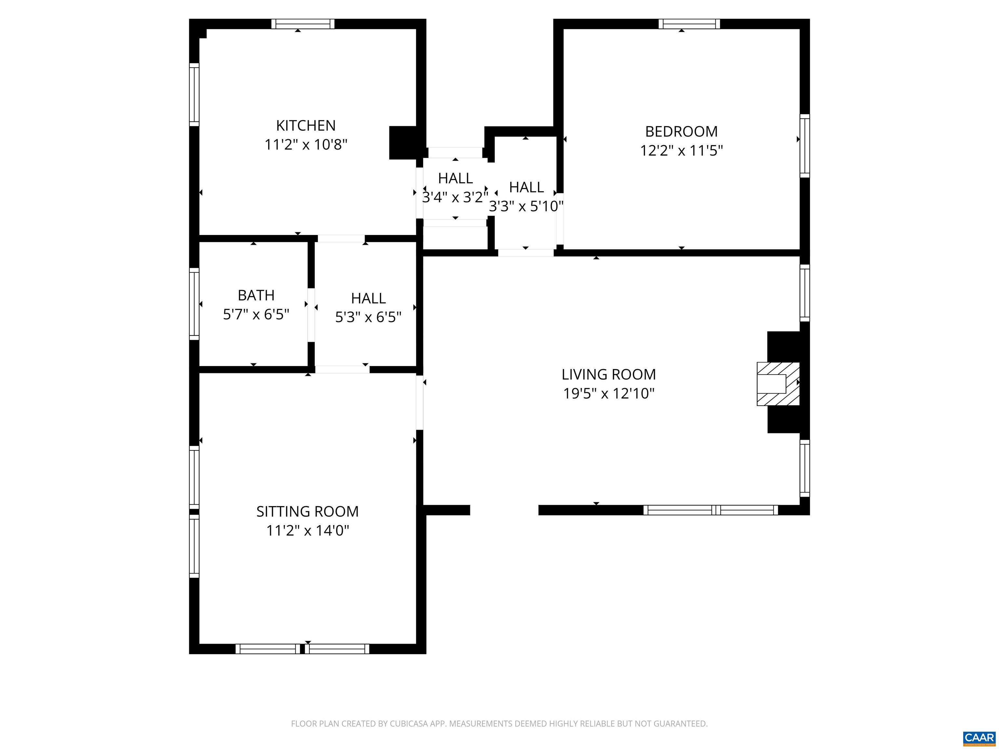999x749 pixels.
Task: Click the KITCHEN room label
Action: pyautogui.click(x=306, y=125)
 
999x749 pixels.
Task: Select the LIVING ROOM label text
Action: pyautogui.click(x=608, y=374)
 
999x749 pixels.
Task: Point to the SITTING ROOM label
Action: pyautogui.click(x=308, y=511)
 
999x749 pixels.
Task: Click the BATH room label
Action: pyautogui.click(x=256, y=295)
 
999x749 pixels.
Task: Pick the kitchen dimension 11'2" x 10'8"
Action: pyautogui.click(x=306, y=144)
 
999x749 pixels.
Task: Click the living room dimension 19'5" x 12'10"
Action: pyautogui.click(x=608, y=393)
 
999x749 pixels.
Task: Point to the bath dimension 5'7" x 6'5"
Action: pyautogui.click(x=256, y=314)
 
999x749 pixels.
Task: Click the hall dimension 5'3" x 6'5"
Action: pyautogui.click(x=368, y=317)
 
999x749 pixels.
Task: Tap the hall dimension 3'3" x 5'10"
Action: pyautogui.click(x=526, y=206)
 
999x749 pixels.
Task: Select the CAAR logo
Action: pyautogui.click(x=979, y=738)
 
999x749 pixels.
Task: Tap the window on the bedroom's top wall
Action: pyautogui.click(x=689, y=24)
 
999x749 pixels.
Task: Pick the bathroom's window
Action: pyautogui.click(x=194, y=304)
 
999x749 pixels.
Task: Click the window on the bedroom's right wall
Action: pyautogui.click(x=805, y=146)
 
